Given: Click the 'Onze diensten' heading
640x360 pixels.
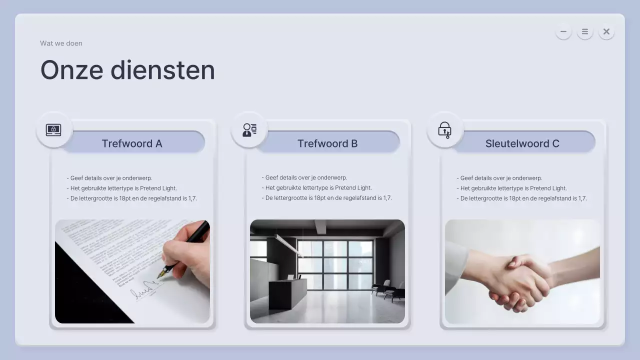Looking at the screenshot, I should [x=127, y=70].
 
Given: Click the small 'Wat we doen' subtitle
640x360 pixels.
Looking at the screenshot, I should [x=61, y=43].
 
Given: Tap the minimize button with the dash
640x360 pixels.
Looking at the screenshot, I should [x=563, y=31].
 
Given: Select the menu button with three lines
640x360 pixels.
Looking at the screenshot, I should [x=584, y=31].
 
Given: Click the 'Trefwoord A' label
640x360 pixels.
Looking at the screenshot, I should [x=132, y=143].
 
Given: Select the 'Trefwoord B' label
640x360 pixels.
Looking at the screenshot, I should [x=327, y=143].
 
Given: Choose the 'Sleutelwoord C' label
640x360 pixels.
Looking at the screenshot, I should [x=522, y=143].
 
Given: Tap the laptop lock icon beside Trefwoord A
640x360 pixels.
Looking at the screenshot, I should [x=53, y=130].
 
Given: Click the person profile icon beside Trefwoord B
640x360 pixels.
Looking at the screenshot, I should [x=249, y=130].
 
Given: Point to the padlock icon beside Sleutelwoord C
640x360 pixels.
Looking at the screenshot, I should [x=444, y=130].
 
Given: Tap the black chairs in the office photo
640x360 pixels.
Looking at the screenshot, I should [x=388, y=290].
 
